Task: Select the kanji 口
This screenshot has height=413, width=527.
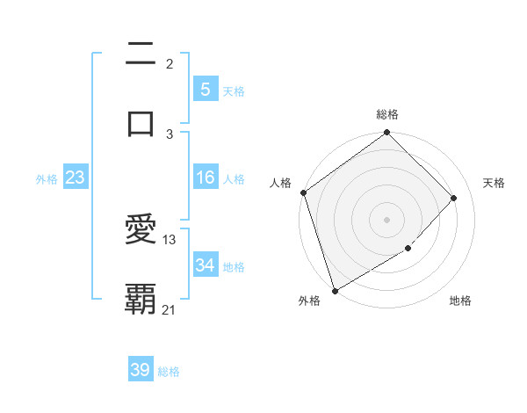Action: click(141, 123)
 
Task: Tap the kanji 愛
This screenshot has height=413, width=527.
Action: click(141, 230)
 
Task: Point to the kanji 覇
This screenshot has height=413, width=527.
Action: click(141, 299)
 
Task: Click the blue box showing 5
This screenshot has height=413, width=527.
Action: click(205, 89)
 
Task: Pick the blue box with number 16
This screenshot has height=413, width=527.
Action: click(205, 178)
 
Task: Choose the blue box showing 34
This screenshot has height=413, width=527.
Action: click(205, 265)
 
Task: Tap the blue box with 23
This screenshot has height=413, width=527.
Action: click(76, 178)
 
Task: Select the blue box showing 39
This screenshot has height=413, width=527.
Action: click(141, 370)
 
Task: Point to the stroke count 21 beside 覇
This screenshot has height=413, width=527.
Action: click(170, 308)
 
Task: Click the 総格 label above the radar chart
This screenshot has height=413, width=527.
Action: click(387, 114)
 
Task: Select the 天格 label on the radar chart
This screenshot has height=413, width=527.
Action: click(495, 183)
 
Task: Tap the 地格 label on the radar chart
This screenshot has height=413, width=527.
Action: click(460, 301)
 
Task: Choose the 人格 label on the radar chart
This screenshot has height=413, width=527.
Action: click(280, 183)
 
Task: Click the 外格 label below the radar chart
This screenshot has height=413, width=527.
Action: click(308, 301)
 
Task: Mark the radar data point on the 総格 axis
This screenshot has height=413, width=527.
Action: click(386, 134)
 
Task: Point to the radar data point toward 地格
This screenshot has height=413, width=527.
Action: click(408, 249)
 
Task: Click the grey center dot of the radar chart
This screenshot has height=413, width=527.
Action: click(386, 219)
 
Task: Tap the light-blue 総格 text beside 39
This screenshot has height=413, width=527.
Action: click(169, 372)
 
